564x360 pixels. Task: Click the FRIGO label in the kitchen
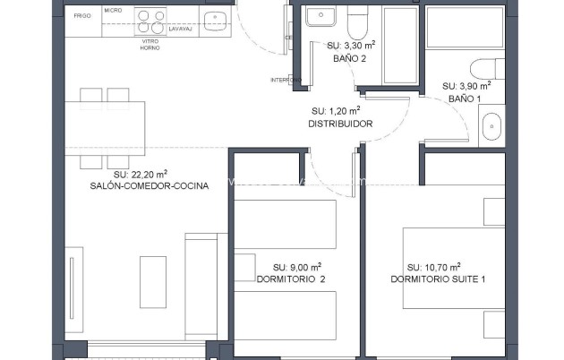[x=81, y=16]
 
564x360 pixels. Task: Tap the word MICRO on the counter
[x=113, y=10]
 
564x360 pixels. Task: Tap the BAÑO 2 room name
[x=349, y=58]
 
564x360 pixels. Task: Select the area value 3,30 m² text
[x=349, y=45]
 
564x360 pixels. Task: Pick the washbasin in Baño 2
[x=318, y=16]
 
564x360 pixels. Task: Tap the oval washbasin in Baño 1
[x=492, y=128]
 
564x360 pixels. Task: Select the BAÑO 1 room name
[x=465, y=99]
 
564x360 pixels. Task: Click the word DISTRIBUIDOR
[x=340, y=124]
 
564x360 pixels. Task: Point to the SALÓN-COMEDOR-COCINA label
[x=150, y=186]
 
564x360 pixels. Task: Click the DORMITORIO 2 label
[x=291, y=279]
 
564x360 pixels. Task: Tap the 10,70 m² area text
[x=433, y=267]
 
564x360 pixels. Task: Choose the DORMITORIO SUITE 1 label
[x=438, y=279]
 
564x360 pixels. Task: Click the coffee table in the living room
[x=152, y=281]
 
